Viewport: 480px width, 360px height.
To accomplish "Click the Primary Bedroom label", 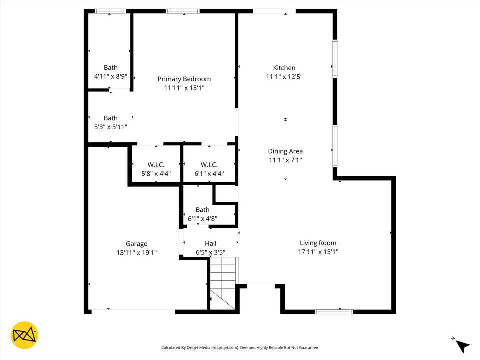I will tap(184, 79).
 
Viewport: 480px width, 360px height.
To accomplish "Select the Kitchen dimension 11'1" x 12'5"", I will tap(284, 77).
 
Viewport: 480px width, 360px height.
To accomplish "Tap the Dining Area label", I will tap(285, 151).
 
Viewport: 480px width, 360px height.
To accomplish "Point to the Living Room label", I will tap(318, 243).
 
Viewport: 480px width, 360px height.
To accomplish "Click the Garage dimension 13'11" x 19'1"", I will tap(136, 253).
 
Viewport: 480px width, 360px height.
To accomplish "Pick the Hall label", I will tap(210, 244).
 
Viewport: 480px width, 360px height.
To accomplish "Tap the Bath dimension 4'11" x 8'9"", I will tap(111, 77).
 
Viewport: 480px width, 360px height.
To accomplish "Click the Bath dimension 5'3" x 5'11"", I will tap(111, 127).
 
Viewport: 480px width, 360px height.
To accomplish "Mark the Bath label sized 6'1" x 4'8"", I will tap(202, 210).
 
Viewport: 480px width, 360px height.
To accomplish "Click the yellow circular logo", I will tap(24, 334).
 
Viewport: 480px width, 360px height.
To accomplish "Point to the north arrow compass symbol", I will tap(462, 345).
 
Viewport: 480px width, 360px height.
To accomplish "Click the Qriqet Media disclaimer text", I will tap(239, 348).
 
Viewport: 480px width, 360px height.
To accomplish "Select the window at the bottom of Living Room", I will tap(334, 312).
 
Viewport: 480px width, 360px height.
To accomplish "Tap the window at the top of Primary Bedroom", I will tap(183, 11).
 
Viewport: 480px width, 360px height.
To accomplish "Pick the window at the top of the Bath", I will tap(110, 11).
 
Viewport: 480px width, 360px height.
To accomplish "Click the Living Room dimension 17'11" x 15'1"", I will tap(318, 252).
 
